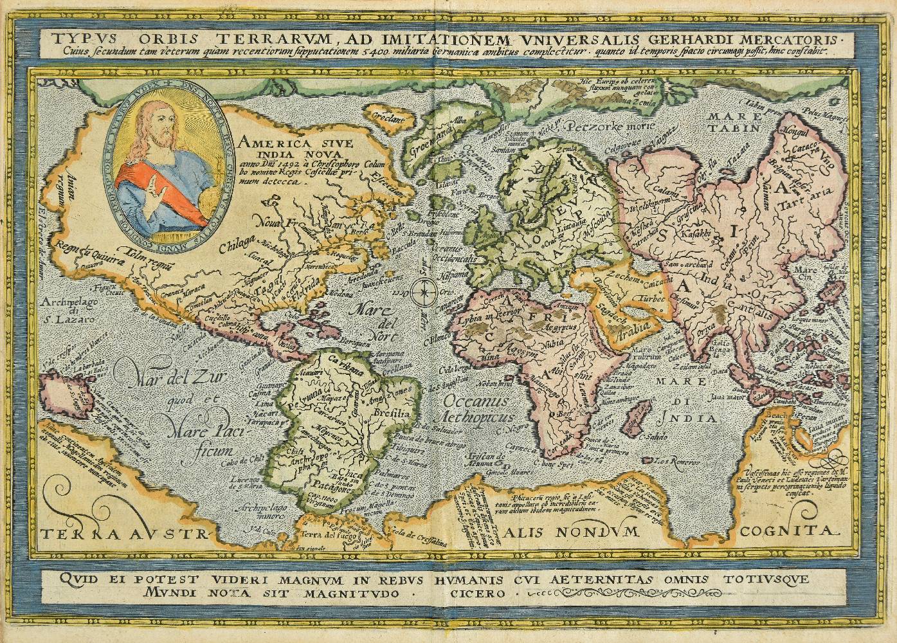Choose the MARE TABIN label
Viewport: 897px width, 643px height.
pos(730,123)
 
